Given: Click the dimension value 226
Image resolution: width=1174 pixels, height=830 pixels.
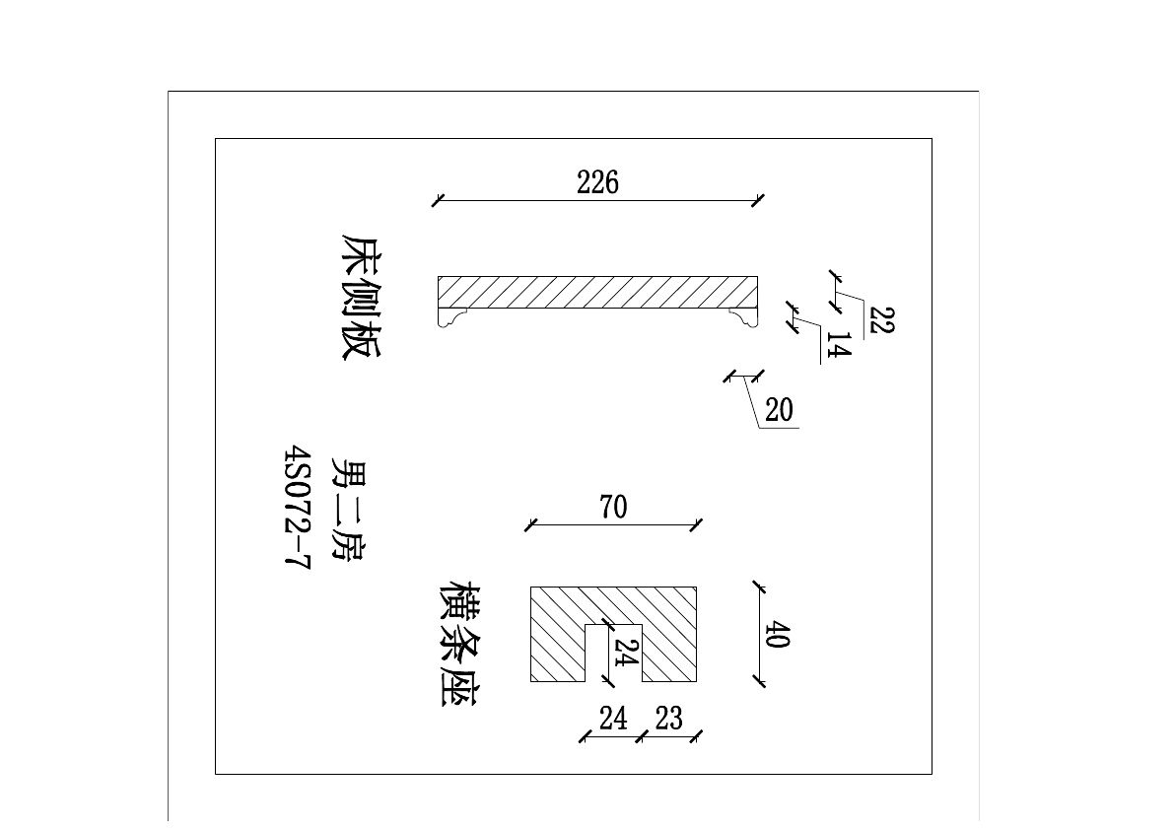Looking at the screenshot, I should (x=597, y=182).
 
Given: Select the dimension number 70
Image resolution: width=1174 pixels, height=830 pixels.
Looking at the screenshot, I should (x=612, y=508).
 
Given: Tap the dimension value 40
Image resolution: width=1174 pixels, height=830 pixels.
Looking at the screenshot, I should (x=777, y=634).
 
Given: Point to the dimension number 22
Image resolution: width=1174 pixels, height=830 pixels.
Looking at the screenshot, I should (x=881, y=320).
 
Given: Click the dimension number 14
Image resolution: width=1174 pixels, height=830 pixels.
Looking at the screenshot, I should (x=837, y=346).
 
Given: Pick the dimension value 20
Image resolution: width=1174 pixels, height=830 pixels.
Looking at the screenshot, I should (x=779, y=410).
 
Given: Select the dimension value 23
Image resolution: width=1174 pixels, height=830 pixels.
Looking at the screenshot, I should (x=668, y=719).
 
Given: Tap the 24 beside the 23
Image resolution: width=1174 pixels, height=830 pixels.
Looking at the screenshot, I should (x=613, y=719).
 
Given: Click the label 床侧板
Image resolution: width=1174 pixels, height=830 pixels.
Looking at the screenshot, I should (x=359, y=297).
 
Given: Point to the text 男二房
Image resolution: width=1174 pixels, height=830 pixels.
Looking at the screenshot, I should (x=345, y=509).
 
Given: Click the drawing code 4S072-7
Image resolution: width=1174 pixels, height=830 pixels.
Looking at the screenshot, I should (x=296, y=509).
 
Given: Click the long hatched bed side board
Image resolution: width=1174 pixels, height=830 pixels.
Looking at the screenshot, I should (x=597, y=291).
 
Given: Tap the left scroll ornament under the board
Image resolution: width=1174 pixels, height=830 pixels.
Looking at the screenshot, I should (x=453, y=316).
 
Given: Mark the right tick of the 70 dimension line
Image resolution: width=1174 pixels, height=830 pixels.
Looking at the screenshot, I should (x=697, y=524).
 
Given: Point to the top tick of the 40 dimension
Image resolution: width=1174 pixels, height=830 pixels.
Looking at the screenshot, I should (x=759, y=588).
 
